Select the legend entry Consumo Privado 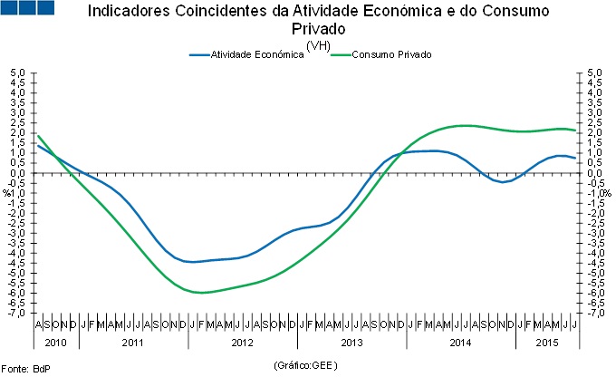[x=391, y=54]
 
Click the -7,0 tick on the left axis [x=18, y=314]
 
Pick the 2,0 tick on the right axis [x=594, y=132]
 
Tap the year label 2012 [x=243, y=342]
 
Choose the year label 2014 [x=460, y=342]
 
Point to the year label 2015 [x=546, y=342]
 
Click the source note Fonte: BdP [x=26, y=368]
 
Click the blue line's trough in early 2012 [x=192, y=262]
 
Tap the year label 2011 [x=133, y=342]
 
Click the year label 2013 [x=351, y=342]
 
